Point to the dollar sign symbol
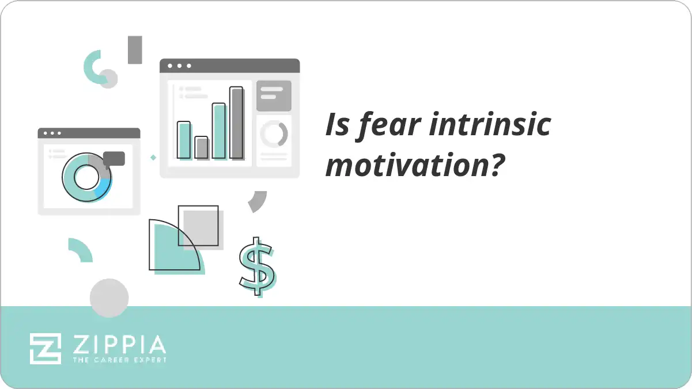[x=257, y=266]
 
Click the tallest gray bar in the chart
[x=236, y=123]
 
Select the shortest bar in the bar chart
[x=201, y=147]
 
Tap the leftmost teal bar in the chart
[x=183, y=140]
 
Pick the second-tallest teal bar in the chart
[x=219, y=131]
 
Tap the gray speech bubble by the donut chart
[x=114, y=159]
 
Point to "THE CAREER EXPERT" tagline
[x=119, y=360]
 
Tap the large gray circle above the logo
[x=109, y=298]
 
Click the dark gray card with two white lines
[x=274, y=96]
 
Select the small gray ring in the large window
[x=274, y=134]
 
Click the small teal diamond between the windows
[x=153, y=157]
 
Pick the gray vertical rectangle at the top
[x=135, y=49]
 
